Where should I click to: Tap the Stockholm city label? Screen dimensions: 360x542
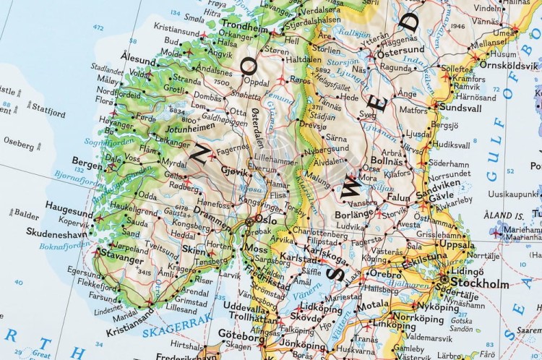pos(481,283)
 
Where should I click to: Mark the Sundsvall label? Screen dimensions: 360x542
pos(460,107)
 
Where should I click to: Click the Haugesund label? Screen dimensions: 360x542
pos(69,205)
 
